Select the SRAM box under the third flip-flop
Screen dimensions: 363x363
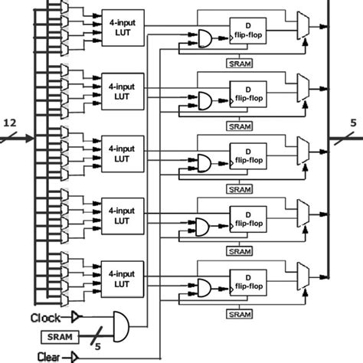[x=240, y=188]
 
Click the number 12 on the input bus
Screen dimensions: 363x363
[x=10, y=123]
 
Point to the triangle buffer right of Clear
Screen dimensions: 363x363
[x=76, y=355]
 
